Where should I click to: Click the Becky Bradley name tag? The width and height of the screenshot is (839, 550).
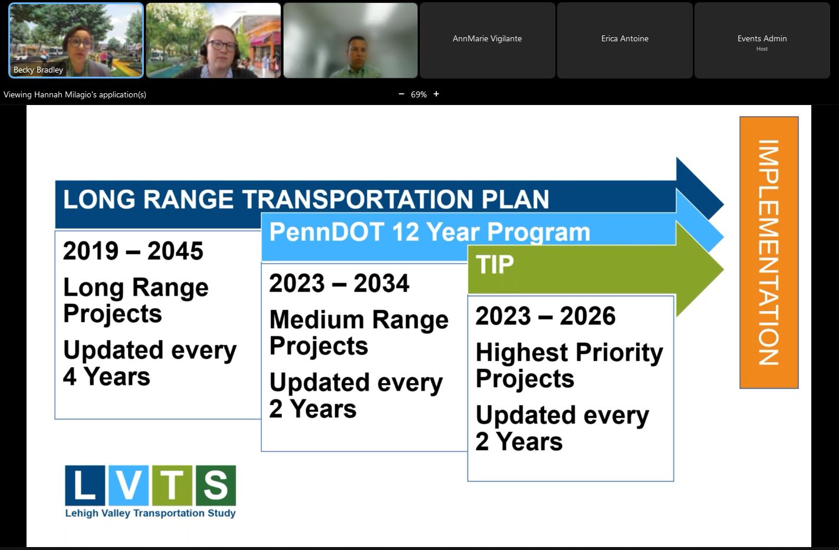tap(38, 70)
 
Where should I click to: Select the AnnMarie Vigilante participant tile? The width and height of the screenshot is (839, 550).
tap(487, 41)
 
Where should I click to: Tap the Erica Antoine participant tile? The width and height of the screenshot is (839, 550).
tap(625, 41)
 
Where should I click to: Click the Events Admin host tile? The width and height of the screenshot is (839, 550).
tap(762, 41)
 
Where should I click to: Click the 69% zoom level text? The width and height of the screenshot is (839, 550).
tap(419, 94)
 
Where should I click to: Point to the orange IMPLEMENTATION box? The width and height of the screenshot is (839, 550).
tap(769, 253)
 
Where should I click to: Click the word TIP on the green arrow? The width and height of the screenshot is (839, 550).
tap(495, 264)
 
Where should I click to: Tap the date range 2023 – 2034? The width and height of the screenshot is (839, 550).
tap(339, 283)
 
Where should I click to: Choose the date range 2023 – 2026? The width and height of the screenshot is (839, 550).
tap(545, 316)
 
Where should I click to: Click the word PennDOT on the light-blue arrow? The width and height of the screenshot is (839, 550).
tap(327, 232)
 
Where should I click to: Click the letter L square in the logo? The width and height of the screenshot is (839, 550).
tap(85, 486)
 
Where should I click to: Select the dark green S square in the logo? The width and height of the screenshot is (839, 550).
tap(216, 486)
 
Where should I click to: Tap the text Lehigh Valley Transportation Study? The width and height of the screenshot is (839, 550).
tap(150, 513)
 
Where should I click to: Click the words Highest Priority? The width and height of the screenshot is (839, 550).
tap(570, 353)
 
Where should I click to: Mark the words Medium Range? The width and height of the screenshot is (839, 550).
tap(359, 320)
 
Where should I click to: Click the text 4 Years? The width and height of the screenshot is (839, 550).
tap(106, 377)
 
